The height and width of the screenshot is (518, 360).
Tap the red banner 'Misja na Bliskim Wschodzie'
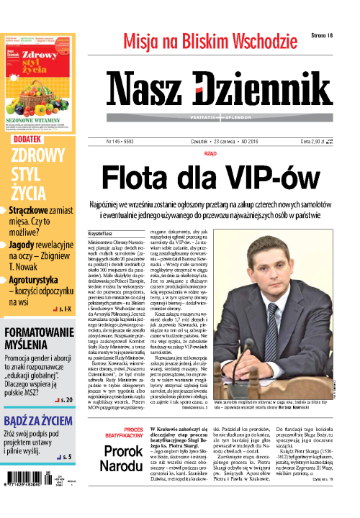[x=210, y=41]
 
